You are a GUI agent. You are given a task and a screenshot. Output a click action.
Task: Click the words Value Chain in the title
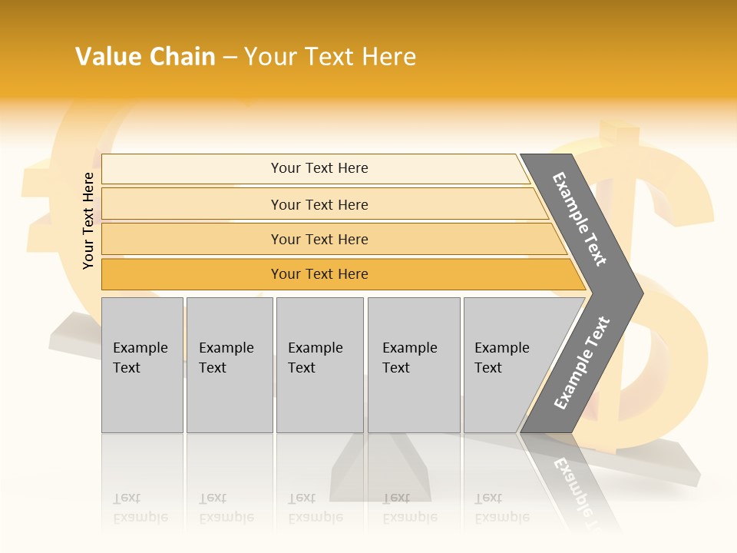(x=145, y=56)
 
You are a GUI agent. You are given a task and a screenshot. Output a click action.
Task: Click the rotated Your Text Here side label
(x=88, y=220)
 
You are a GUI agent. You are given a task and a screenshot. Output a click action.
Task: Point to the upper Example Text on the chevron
(x=580, y=219)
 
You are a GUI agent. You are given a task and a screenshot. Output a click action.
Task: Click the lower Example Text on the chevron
(x=582, y=363)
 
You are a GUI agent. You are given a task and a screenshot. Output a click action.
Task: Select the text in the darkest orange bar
(x=319, y=274)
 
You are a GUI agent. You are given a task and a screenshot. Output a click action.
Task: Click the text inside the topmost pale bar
(x=319, y=168)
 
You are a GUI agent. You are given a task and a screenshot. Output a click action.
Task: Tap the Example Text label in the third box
(x=315, y=357)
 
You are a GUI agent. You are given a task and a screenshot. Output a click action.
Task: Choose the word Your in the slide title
(x=269, y=56)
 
